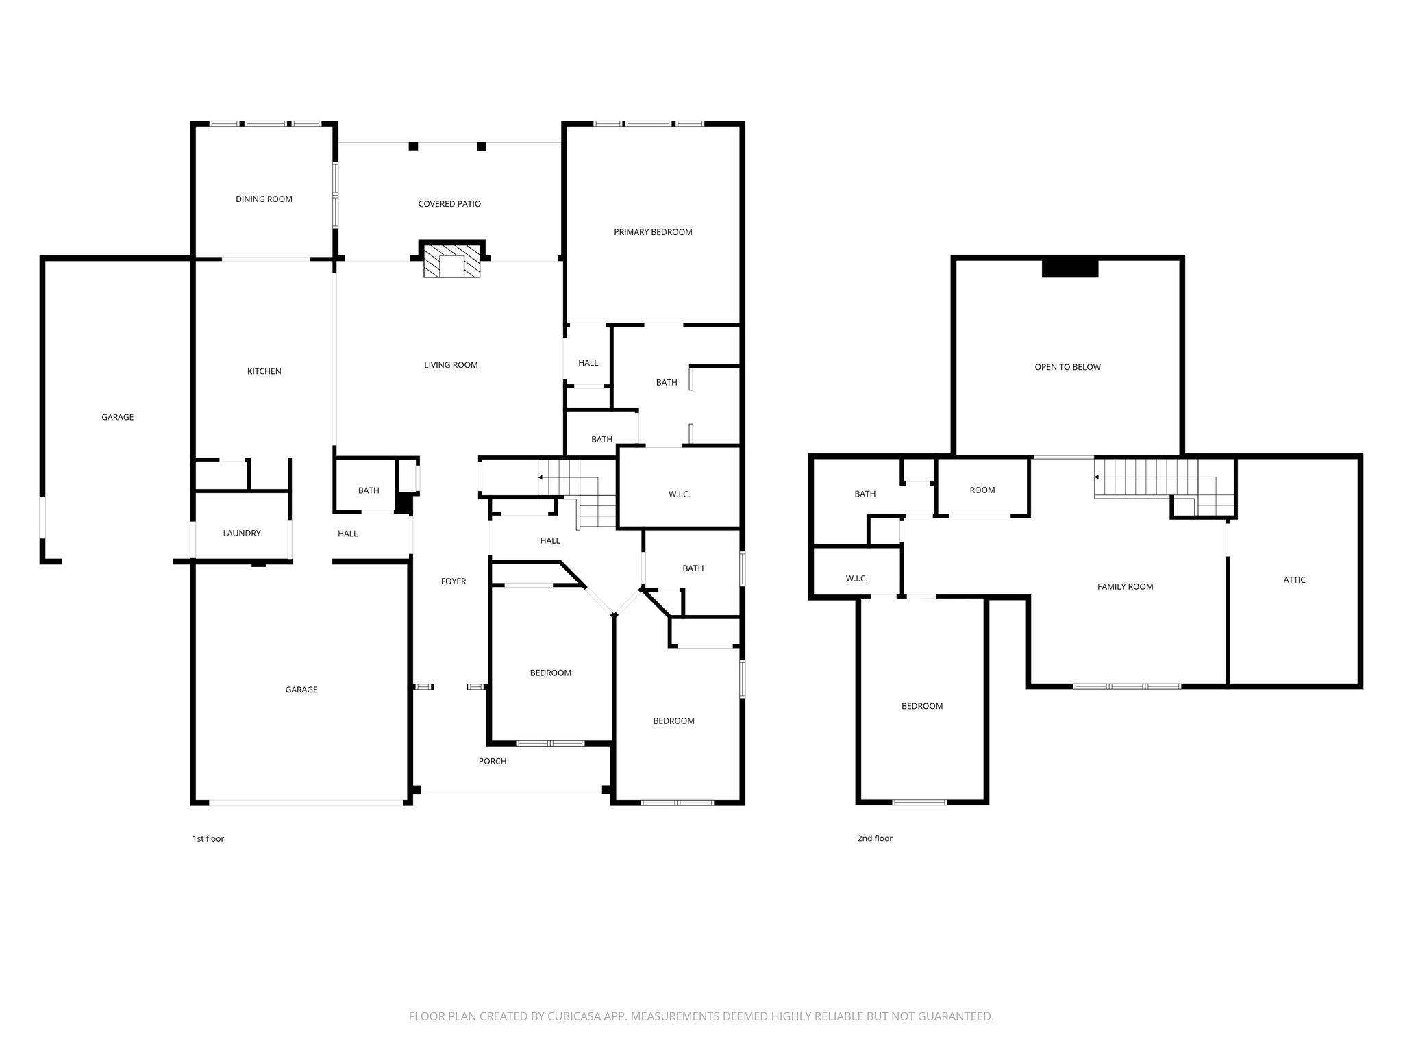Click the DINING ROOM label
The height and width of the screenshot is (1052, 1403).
click(264, 199)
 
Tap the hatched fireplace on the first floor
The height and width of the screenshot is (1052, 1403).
click(452, 260)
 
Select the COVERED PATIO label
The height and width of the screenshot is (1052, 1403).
click(449, 204)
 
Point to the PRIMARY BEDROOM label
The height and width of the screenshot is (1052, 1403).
click(653, 232)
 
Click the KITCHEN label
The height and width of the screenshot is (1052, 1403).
click(264, 371)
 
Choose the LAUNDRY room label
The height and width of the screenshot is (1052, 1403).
click(242, 534)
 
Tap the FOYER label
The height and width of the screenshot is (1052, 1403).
click(454, 581)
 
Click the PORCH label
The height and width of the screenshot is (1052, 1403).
click(493, 761)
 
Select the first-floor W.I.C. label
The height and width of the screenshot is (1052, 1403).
click(680, 494)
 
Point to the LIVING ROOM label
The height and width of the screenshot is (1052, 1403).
click(451, 365)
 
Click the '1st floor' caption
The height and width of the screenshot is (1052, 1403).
click(208, 838)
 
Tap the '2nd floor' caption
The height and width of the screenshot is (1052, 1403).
click(875, 838)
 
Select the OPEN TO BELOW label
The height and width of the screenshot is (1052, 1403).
click(1067, 367)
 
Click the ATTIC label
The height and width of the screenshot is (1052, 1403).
click(1294, 580)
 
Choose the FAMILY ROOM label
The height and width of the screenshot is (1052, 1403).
click(1125, 587)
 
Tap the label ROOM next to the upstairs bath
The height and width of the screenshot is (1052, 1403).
click(982, 490)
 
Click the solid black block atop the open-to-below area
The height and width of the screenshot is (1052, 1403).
click(1070, 268)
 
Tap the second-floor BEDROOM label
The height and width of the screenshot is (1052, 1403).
click(922, 706)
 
